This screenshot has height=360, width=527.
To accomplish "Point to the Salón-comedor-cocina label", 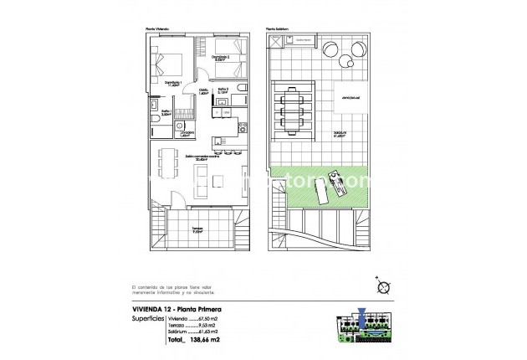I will pos(197,157).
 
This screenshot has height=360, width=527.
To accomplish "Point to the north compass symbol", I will pos(383,286).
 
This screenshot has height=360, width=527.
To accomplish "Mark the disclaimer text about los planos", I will pos(179,291).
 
